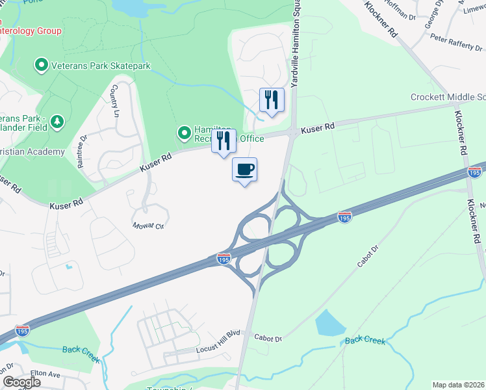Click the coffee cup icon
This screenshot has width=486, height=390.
[x=244, y=170]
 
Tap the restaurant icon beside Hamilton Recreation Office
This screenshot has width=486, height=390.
[x=224, y=141]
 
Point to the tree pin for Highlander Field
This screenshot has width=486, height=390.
[x=57, y=122]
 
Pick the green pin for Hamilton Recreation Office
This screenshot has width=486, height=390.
[x=185, y=134]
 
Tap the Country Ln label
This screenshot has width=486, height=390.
[x=116, y=101]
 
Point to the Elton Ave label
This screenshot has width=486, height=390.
[x=45, y=375]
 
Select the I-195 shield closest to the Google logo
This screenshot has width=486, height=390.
[x=22, y=331]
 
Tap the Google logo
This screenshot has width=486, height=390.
[x=21, y=382]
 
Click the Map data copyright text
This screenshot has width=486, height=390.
[x=459, y=385]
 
